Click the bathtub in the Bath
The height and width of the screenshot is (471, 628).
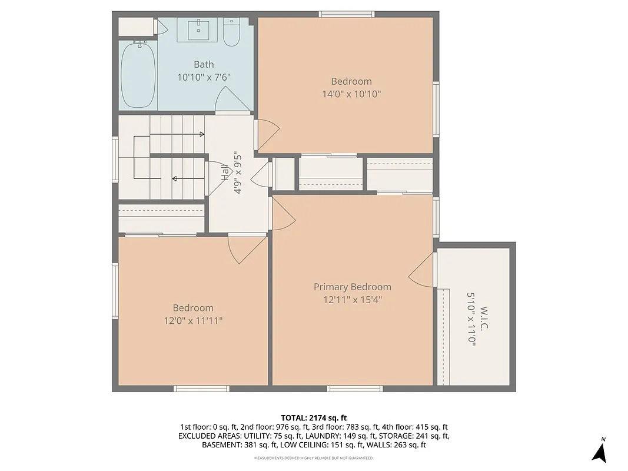[138, 74]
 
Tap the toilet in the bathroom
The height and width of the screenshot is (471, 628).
[231, 34]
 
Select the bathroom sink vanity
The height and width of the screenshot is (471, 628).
[200, 29]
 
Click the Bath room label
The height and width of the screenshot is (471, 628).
[204, 64]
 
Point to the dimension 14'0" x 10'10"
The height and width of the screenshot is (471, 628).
[351, 94]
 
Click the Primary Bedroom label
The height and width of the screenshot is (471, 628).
[352, 287]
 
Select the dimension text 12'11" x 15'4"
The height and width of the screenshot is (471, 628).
[352, 299]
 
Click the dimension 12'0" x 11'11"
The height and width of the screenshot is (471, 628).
[193, 320]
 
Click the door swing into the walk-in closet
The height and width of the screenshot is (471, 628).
[423, 272]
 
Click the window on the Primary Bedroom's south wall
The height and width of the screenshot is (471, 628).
[355, 389]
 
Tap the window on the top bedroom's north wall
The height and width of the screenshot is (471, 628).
[346, 14]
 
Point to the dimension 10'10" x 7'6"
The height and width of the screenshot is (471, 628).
[204, 77]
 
